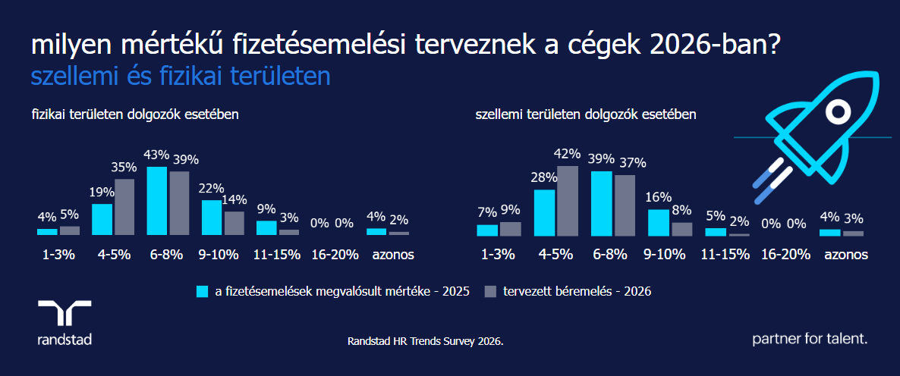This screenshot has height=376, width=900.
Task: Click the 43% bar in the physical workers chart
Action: (156, 201)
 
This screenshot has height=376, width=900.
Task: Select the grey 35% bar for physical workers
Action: (124, 207)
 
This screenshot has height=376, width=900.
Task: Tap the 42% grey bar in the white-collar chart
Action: (568, 201)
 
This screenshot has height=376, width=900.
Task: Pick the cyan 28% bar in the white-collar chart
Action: (545, 213)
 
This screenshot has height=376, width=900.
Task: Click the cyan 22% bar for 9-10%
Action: (211, 218)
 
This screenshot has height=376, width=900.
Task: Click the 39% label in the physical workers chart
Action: (186, 159)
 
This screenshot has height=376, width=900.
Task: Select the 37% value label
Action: (632, 162)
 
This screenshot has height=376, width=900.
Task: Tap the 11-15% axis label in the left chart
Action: (278, 255)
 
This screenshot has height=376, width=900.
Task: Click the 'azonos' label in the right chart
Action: (843, 255)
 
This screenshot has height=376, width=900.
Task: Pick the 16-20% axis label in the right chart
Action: (785, 255)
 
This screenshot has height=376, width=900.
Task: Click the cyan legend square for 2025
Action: (202, 291)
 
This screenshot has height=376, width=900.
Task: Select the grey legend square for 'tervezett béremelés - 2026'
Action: (490, 291)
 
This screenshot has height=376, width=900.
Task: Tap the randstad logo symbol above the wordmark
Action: (65, 312)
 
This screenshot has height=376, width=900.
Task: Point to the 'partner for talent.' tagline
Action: (810, 339)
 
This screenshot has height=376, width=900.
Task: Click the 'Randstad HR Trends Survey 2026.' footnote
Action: (425, 342)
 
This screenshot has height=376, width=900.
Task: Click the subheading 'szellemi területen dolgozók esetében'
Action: (586, 115)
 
